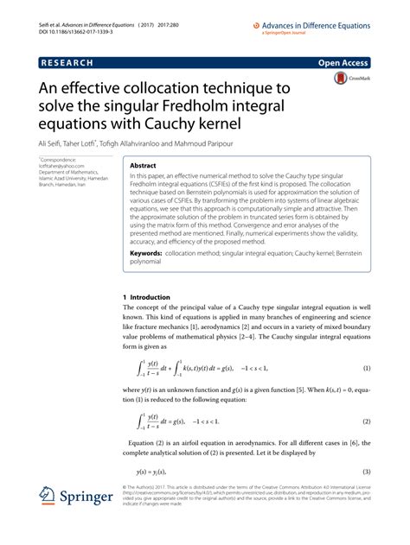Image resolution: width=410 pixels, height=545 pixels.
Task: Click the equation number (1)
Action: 365,345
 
